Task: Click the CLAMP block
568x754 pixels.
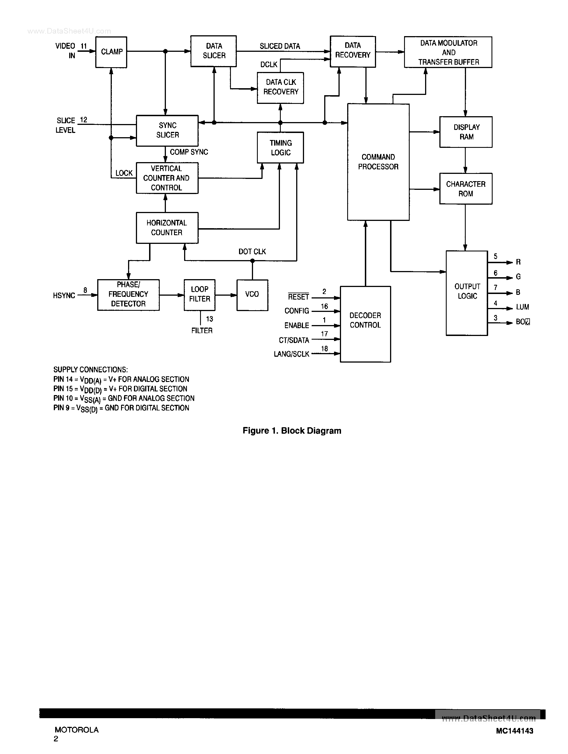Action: coord(111,52)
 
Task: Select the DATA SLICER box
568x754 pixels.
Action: coord(214,51)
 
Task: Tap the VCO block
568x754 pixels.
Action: coord(252,295)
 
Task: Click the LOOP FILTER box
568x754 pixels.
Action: coord(200,295)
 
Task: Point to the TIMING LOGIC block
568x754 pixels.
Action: coord(280,148)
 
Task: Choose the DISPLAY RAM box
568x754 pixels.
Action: coord(466,132)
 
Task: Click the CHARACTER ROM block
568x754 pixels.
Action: coord(466,188)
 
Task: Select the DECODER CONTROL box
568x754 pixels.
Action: coord(365,324)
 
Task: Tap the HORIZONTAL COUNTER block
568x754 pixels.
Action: coord(167,228)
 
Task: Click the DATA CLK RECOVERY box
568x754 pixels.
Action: coord(280,88)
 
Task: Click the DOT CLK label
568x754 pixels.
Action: coord(252,251)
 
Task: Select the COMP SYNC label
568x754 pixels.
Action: coord(189,152)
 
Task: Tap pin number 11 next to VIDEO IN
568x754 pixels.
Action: coord(84,46)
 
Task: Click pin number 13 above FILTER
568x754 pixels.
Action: coord(209,319)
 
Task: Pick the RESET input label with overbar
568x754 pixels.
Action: coord(298,297)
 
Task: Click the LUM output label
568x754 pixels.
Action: coord(522,307)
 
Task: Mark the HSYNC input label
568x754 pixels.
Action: coord(64,296)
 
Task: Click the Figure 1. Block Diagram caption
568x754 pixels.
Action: coord(292,431)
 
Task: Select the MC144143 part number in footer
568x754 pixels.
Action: coord(514,731)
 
